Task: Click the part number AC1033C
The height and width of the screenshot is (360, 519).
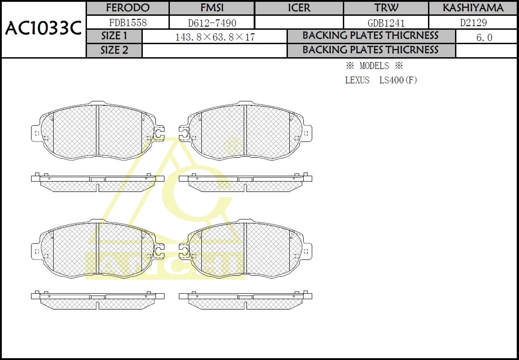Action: [43, 29]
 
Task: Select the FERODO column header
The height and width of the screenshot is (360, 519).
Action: [128, 8]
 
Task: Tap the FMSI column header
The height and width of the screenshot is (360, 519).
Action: [212, 8]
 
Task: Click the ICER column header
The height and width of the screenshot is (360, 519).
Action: [299, 8]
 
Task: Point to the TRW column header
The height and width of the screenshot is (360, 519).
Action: [386, 8]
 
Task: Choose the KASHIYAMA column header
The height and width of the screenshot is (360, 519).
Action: [473, 8]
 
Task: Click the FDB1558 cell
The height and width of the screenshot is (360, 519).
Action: [128, 23]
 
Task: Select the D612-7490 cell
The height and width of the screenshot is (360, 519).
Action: [212, 23]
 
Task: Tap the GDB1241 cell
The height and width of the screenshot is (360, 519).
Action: [386, 23]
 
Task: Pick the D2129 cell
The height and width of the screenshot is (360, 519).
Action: [473, 23]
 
